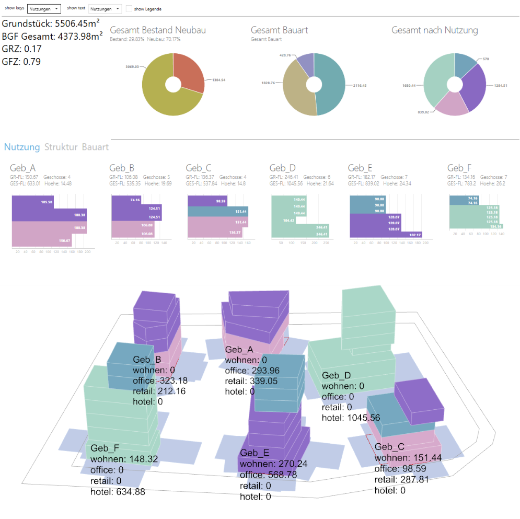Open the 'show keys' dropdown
click(x=44, y=9)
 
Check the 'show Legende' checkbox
click(x=129, y=9)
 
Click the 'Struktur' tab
click(x=61, y=147)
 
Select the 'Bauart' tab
click(x=95, y=147)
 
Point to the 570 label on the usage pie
click(x=486, y=60)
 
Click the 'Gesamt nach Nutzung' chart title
click(x=434, y=30)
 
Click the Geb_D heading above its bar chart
click(x=282, y=168)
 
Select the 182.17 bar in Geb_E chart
click(x=386, y=235)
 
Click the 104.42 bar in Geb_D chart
click(x=282, y=221)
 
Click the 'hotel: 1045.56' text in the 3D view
click(x=351, y=418)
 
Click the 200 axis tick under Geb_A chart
click(x=87, y=251)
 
